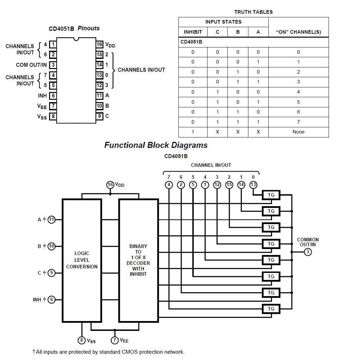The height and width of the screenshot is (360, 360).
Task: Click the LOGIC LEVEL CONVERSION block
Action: coord(82,260)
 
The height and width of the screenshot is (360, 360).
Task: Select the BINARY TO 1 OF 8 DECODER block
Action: coord(138,260)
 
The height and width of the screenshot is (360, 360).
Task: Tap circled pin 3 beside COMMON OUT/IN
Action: coord(308,252)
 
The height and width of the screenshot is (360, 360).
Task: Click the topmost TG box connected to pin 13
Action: coord(271,195)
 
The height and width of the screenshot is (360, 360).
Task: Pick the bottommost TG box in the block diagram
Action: coord(271,309)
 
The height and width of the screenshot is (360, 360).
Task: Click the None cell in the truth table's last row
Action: coord(298,132)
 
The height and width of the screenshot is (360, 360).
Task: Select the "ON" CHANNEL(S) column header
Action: coord(298,32)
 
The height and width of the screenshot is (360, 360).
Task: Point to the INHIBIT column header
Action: coord(193,32)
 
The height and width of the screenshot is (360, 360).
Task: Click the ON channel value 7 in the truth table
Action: coord(298,122)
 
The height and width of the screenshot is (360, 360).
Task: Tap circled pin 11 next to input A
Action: coord(51,220)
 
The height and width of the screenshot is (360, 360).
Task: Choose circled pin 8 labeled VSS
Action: coord(82,340)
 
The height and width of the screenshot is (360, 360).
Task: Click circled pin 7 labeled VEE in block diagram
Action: coord(115,340)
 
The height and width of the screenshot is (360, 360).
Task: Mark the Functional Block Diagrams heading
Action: coord(156,145)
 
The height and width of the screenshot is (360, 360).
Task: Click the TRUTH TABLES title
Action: coord(253,12)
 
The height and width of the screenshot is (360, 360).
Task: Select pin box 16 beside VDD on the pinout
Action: coord(99,45)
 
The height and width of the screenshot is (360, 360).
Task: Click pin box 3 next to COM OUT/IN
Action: coord(53,65)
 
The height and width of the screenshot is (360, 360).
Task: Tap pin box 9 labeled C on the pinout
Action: coord(99,116)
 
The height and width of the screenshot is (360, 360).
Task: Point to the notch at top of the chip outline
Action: coord(76,39)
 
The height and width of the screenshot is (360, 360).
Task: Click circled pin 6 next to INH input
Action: coord(51,299)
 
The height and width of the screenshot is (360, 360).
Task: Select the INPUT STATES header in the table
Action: coord(223,22)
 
